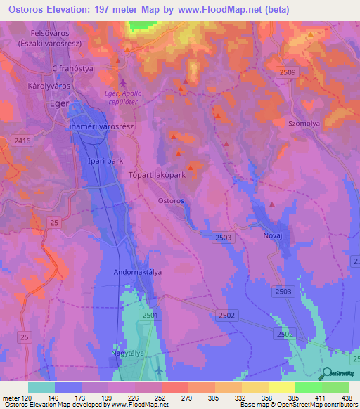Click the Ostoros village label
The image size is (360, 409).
(170, 200)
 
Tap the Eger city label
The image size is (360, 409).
(59, 103)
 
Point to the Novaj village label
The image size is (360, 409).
(272, 236)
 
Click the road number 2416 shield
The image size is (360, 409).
(22, 141)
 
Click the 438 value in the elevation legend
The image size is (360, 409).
(345, 398)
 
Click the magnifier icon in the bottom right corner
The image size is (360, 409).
(326, 374)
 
